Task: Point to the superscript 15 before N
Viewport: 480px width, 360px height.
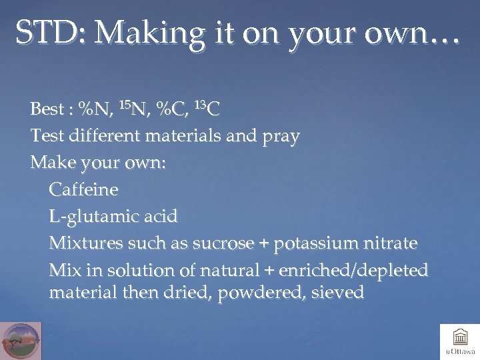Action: tap(125, 103)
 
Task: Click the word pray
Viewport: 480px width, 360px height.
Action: tap(281, 137)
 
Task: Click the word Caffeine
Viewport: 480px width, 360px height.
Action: tap(83, 190)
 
